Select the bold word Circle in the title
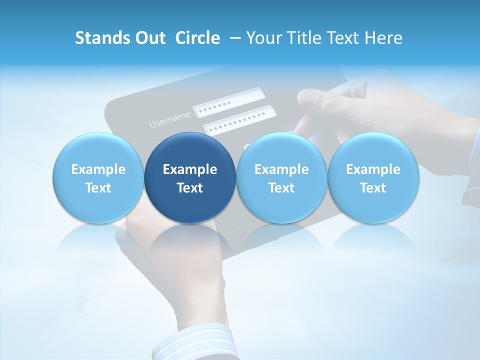click(x=197, y=38)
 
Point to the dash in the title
click(x=233, y=38)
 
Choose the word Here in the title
click(x=383, y=38)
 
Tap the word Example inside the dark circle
click(x=190, y=169)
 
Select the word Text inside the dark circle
click(x=190, y=188)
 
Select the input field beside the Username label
click(x=228, y=102)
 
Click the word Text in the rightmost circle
click(x=373, y=188)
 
